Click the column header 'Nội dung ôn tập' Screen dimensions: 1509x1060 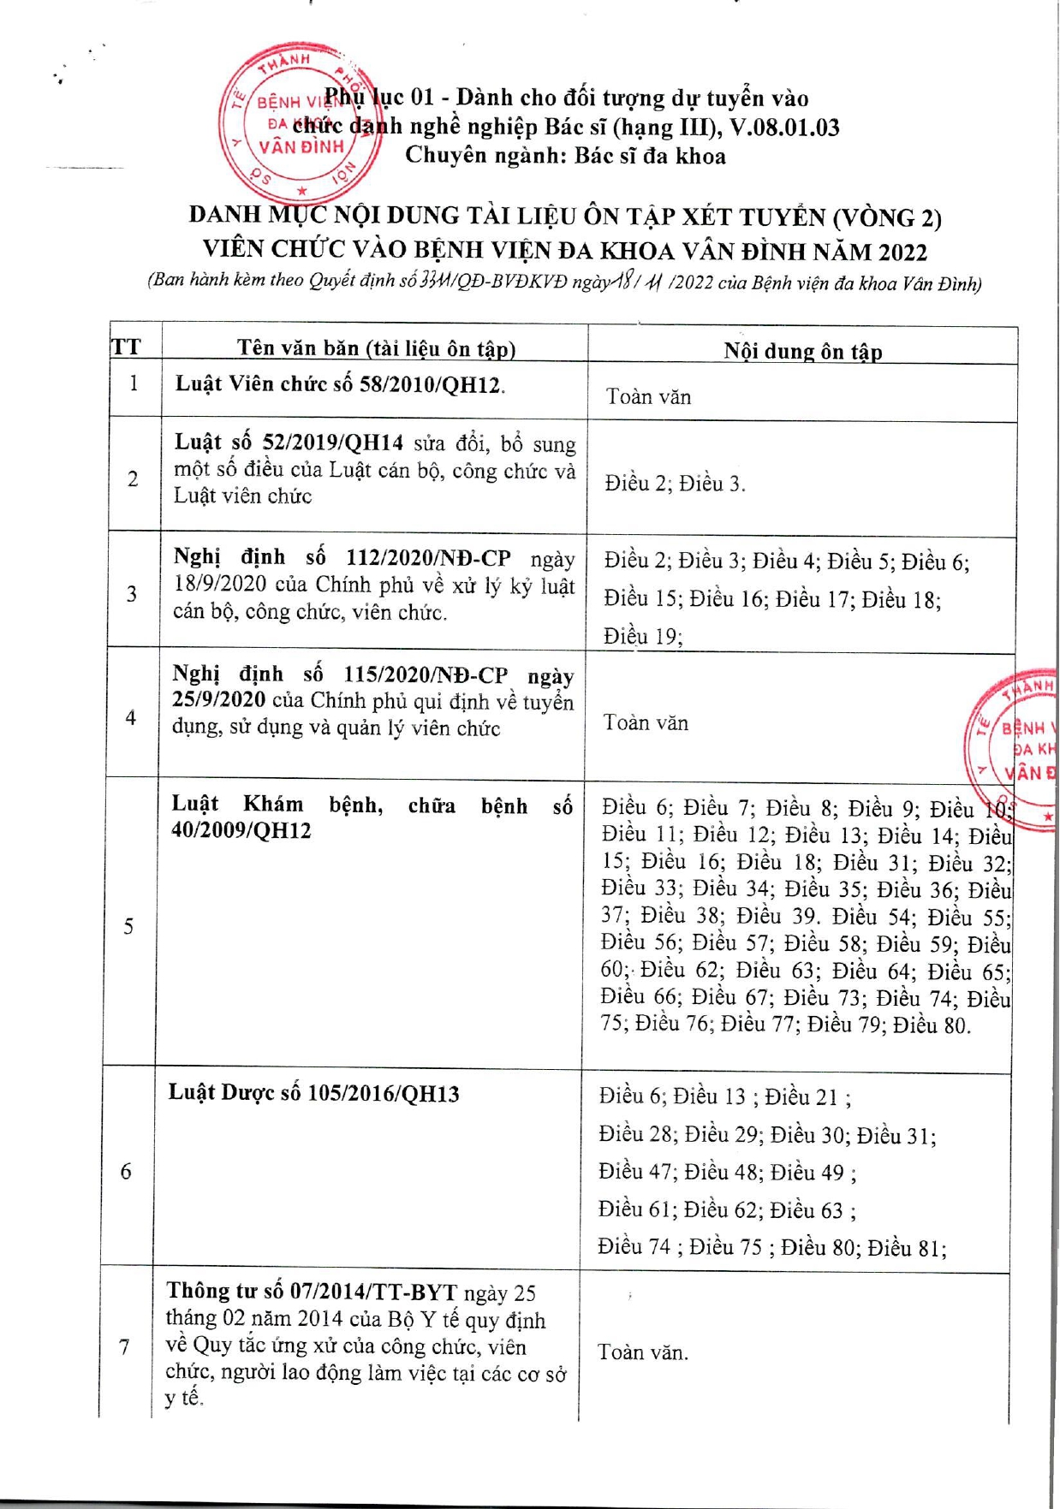tap(802, 351)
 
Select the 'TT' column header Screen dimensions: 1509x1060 tap(127, 347)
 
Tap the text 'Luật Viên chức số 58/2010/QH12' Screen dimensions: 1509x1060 tap(339, 384)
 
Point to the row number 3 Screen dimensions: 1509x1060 tap(132, 593)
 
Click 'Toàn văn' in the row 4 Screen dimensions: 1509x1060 tap(646, 723)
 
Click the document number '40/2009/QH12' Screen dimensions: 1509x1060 tap(241, 831)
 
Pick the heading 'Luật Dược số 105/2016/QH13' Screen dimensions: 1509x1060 tap(313, 1094)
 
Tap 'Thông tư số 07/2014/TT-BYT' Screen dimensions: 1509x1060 tap(313, 1292)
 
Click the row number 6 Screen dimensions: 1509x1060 tap(126, 1171)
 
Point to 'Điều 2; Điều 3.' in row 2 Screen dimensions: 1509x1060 tap(675, 484)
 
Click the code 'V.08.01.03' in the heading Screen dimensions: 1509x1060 tap(784, 128)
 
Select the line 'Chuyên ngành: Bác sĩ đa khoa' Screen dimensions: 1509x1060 tap(565, 156)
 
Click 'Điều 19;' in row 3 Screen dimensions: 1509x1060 tap(642, 636)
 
